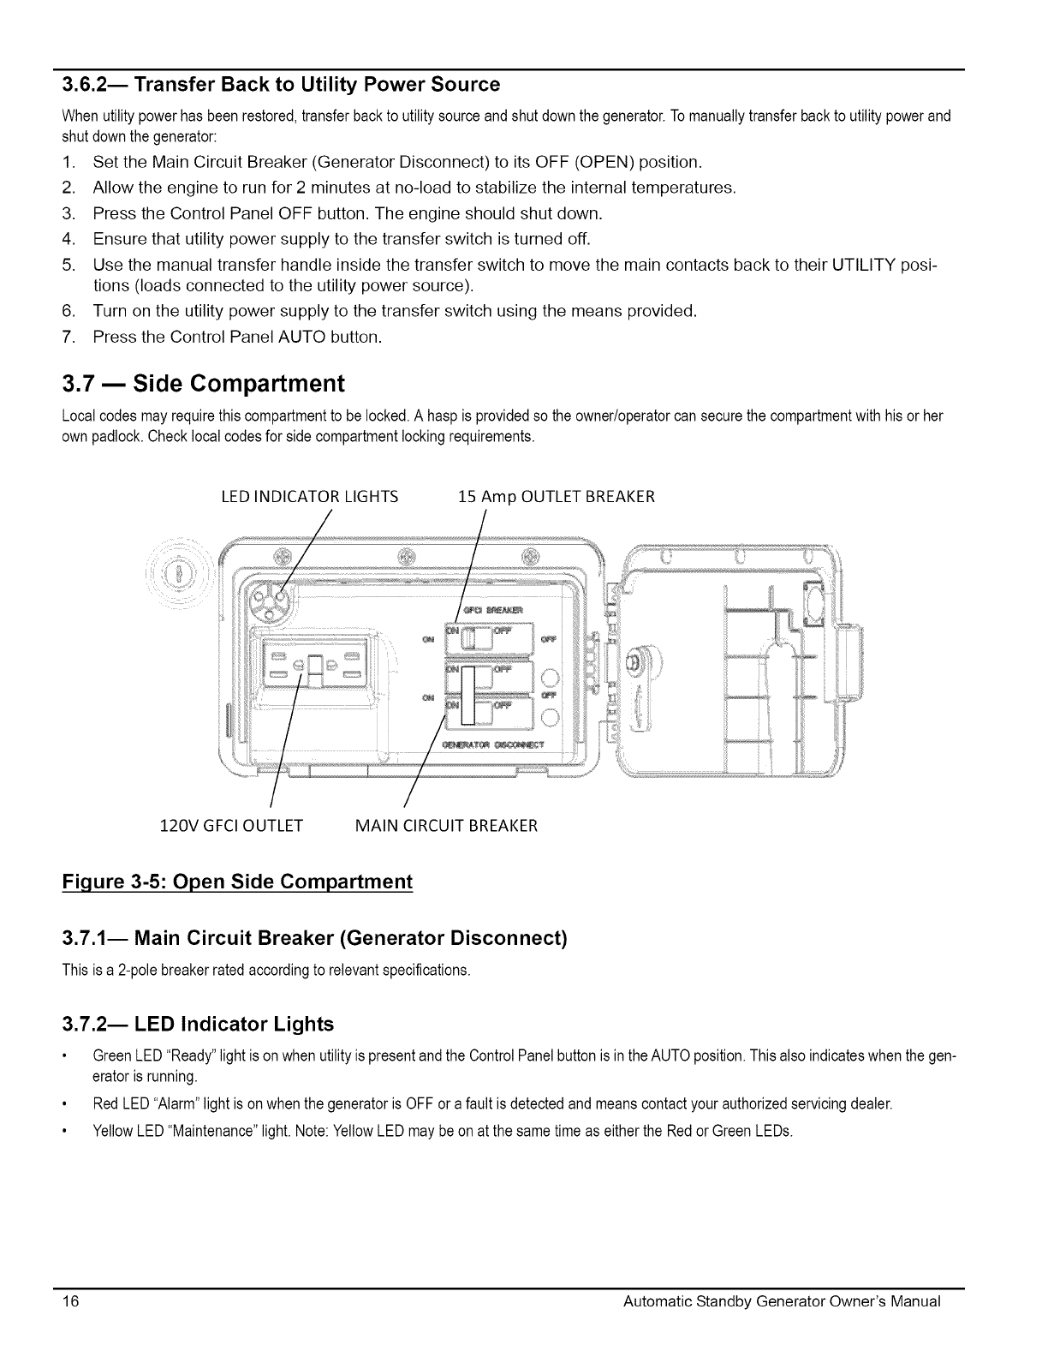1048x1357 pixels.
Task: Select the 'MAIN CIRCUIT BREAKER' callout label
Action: point(446,826)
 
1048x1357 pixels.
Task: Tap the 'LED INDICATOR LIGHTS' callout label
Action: point(309,496)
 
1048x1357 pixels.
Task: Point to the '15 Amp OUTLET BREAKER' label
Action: point(557,496)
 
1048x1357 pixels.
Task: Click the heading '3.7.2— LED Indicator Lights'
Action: point(197,1024)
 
